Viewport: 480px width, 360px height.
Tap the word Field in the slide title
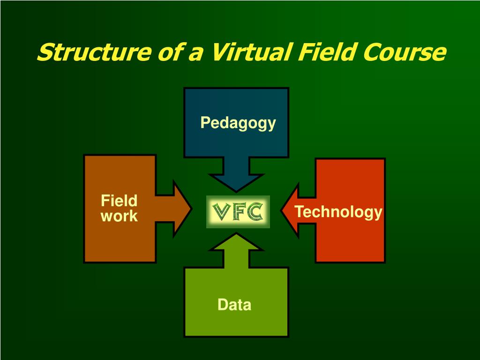coord(322,52)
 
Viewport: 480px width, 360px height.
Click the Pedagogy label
coord(238,123)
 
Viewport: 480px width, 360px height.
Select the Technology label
coord(338,212)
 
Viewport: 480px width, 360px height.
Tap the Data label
coord(234,305)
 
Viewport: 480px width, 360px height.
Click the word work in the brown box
coord(119,217)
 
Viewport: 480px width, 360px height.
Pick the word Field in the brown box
coord(119,201)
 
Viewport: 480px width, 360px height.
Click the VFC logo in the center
coord(238,212)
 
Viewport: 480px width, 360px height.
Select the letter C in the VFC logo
coord(255,212)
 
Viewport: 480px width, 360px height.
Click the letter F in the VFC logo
coord(238,212)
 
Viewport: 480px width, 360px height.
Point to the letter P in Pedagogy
coord(204,123)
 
